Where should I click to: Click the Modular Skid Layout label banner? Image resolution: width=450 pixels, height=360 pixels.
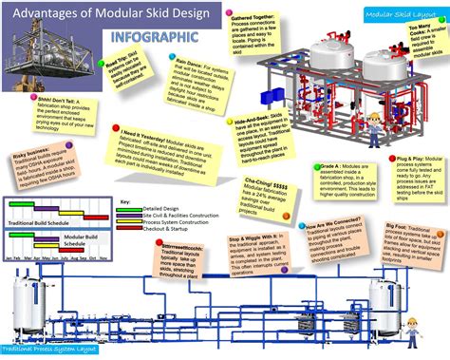(x=395, y=14)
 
